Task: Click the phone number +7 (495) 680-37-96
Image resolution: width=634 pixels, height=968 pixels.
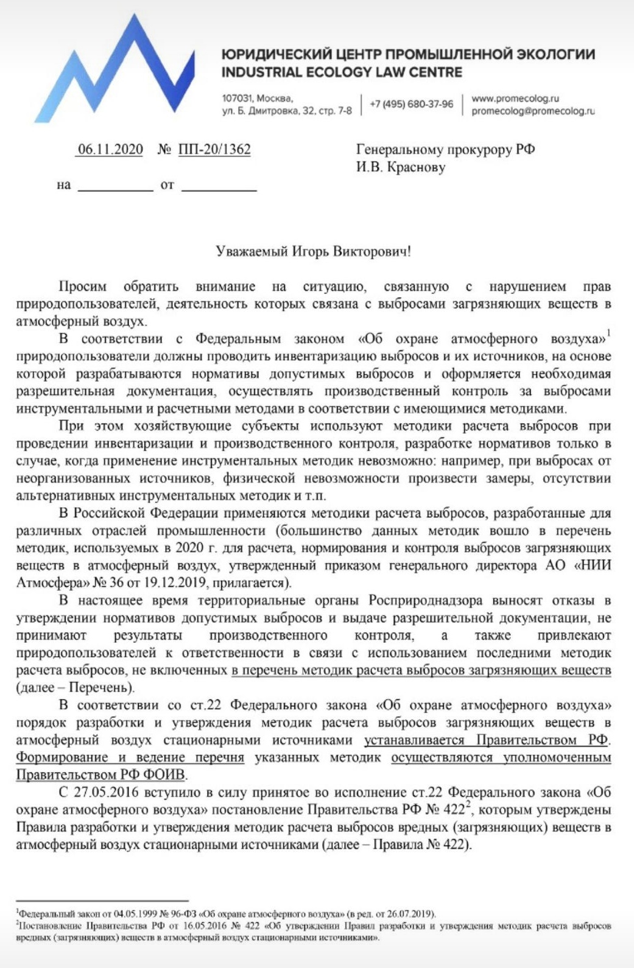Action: [411, 104]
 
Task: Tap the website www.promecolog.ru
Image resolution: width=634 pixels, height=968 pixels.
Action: [515, 99]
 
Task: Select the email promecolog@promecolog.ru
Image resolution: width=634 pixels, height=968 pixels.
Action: [532, 111]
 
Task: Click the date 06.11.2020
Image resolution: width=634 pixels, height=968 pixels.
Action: [110, 150]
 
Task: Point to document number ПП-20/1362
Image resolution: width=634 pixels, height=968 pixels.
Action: [214, 150]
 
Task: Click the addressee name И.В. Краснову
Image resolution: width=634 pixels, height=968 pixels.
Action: [401, 167]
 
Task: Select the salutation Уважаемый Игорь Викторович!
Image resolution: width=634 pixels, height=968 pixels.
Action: [313, 251]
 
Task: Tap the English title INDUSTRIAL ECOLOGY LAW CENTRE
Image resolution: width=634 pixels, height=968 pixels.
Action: [342, 72]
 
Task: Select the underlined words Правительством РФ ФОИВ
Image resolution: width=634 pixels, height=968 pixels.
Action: [102, 775]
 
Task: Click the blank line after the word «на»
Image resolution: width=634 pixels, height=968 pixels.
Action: [115, 185]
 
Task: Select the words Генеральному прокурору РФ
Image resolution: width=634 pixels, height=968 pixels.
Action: [445, 150]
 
